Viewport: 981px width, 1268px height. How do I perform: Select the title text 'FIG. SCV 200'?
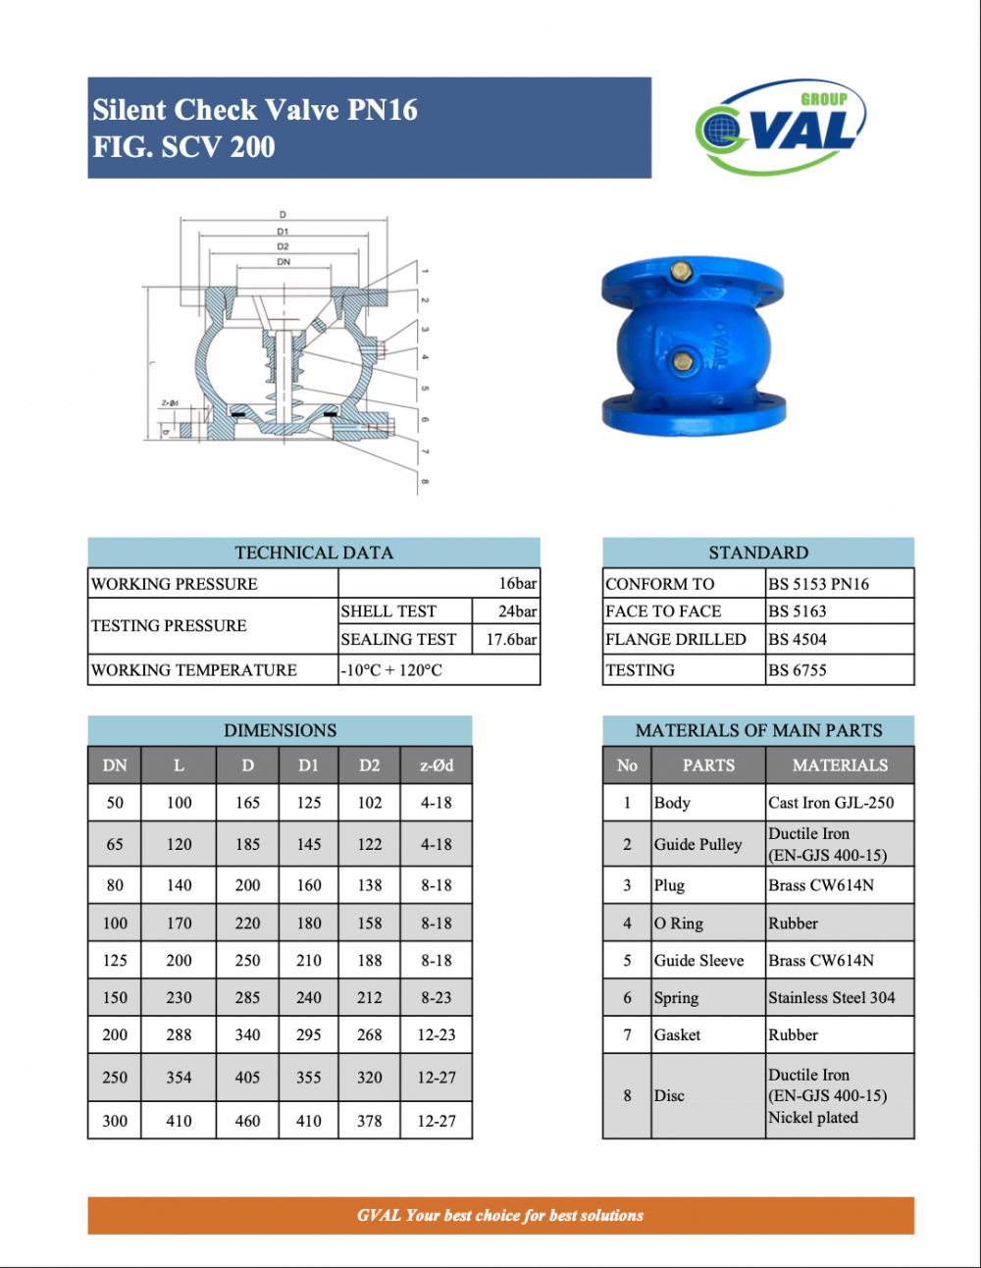pos(183,147)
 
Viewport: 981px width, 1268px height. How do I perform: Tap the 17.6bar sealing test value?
pos(511,639)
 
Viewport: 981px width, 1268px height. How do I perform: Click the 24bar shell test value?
pos(517,610)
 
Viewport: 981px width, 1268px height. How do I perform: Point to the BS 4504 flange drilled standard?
pos(797,639)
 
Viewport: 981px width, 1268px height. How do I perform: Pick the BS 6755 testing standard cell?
pos(797,669)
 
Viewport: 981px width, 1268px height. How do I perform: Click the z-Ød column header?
pos(437,766)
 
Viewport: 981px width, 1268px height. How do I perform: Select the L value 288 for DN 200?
pos(179,1034)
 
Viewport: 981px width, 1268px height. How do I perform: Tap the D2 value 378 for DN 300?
pos(370,1120)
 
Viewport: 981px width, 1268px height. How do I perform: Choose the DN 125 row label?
pos(115,960)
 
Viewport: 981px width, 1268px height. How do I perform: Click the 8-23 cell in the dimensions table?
pos(437,997)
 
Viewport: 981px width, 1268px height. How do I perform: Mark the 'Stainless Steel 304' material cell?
pos(831,997)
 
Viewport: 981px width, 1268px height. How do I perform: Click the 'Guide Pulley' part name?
pos(698,844)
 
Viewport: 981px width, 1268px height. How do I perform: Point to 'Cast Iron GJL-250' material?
pos(831,802)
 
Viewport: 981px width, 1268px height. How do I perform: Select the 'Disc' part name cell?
pos(670,1095)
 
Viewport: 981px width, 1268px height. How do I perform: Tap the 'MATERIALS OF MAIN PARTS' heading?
pos(758,730)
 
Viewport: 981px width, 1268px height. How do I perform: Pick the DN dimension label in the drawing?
pos(283,262)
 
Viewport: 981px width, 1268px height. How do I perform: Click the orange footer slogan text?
pos(500,1215)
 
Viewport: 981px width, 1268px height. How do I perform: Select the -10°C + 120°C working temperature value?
pos(391,669)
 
